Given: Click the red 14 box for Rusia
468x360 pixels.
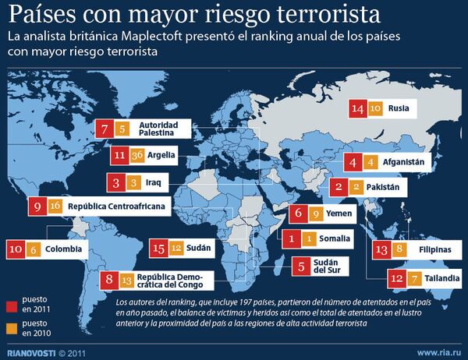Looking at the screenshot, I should pyautogui.click(x=358, y=109).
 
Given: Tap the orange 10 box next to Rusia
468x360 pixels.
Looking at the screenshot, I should pyautogui.click(x=375, y=109).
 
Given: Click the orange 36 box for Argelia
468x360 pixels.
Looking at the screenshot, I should pyautogui.click(x=137, y=154).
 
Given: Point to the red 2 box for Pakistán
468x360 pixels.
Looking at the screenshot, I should pyautogui.click(x=339, y=187).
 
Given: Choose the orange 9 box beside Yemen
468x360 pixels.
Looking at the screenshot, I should pyautogui.click(x=316, y=213).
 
